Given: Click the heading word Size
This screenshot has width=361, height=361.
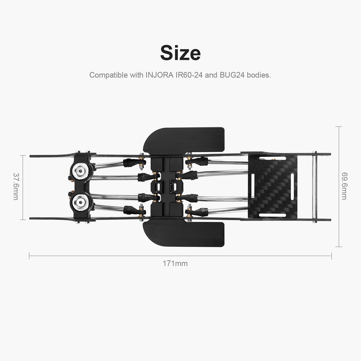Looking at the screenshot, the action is click(x=180, y=52).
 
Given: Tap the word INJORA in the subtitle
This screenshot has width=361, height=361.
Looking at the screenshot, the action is click(x=159, y=75).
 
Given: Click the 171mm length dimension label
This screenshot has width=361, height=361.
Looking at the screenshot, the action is click(x=175, y=263).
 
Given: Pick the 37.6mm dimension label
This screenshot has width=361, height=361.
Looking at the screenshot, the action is click(x=16, y=187).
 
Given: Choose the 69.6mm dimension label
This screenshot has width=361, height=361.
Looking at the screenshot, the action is click(x=344, y=186).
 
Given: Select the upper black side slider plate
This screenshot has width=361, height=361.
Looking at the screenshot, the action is click(x=184, y=140).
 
